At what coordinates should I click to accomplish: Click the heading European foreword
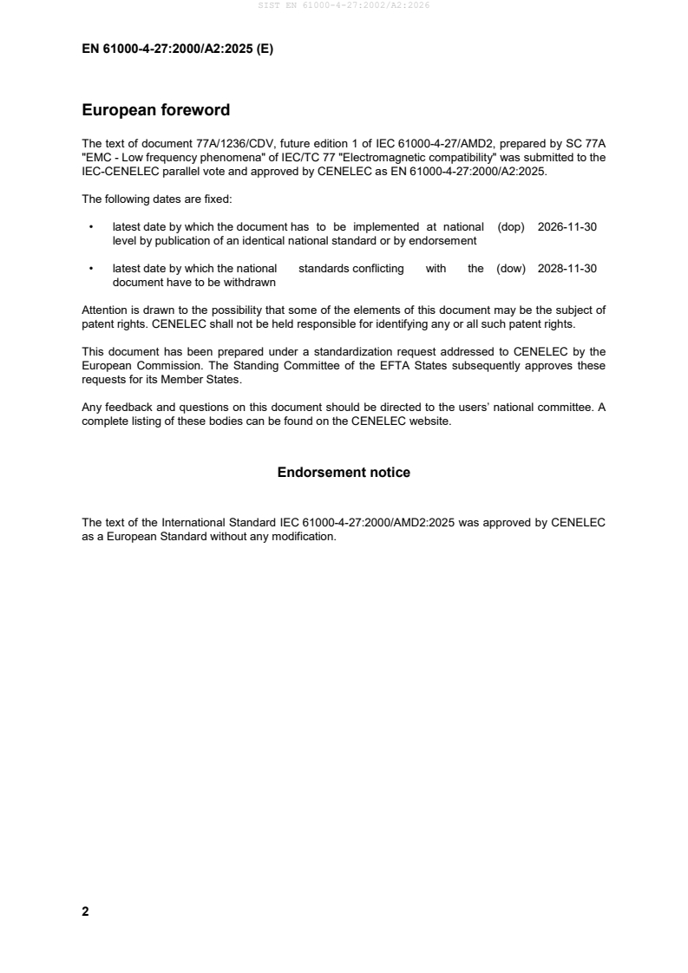pyautogui.click(x=155, y=110)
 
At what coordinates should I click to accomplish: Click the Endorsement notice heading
pyautogui.click(x=344, y=473)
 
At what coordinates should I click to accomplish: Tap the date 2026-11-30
pyautogui.click(x=567, y=227)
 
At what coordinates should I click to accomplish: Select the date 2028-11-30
pyautogui.click(x=567, y=269)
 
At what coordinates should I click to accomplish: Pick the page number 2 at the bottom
pyautogui.click(x=85, y=911)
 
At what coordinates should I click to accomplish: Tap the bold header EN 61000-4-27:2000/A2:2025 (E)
pyautogui.click(x=178, y=49)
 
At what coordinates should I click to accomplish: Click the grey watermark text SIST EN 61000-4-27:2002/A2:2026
pyautogui.click(x=344, y=5)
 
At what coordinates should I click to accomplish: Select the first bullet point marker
pyautogui.click(x=91, y=227)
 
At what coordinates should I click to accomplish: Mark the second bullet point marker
pyautogui.click(x=91, y=269)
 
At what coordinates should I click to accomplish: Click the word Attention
pyautogui.click(x=106, y=310)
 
